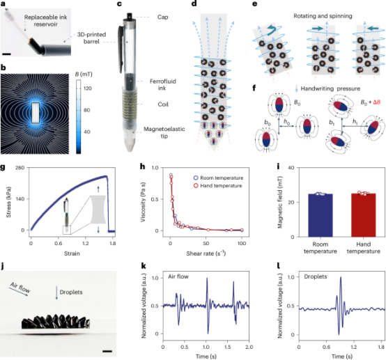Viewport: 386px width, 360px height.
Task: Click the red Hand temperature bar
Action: click(x=363, y=215)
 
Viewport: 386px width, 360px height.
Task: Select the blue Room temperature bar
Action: click(x=321, y=215)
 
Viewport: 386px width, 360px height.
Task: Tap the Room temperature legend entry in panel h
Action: click(x=218, y=178)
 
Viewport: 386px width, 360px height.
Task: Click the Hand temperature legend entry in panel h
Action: click(x=218, y=186)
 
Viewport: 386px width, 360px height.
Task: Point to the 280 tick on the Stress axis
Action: click(x=20, y=168)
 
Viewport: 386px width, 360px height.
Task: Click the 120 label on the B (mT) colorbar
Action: click(x=87, y=88)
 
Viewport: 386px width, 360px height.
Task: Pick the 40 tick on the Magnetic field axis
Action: click(x=291, y=168)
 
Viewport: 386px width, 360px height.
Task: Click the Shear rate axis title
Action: click(x=206, y=253)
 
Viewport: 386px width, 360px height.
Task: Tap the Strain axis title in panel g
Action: click(x=72, y=253)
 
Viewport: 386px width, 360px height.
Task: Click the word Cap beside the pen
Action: click(x=163, y=17)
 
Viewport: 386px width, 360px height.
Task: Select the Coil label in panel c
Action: click(x=163, y=104)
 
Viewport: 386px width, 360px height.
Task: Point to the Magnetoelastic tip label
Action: click(x=164, y=132)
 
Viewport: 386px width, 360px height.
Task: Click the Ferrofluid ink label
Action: click(x=163, y=85)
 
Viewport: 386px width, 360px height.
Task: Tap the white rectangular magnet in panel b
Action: click(x=36, y=113)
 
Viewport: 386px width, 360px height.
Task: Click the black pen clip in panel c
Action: click(x=121, y=49)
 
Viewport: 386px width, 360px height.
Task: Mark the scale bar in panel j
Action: click(x=107, y=352)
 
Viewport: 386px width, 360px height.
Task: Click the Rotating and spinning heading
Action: click(x=323, y=16)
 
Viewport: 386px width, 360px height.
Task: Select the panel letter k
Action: click(x=144, y=266)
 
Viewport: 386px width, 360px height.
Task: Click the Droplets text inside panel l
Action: click(x=316, y=276)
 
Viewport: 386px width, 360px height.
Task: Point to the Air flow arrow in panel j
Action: click(x=18, y=291)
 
